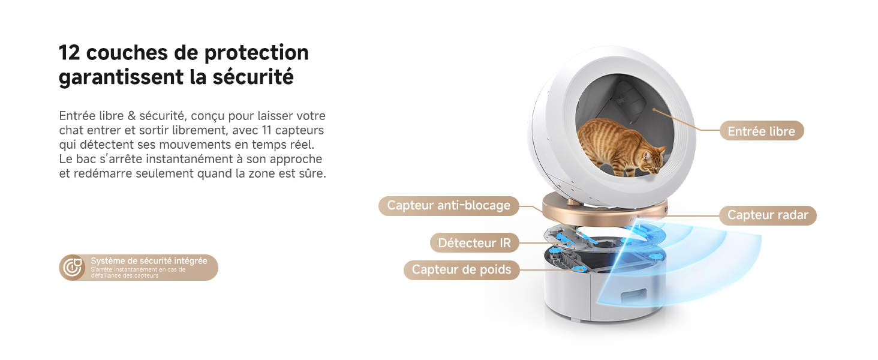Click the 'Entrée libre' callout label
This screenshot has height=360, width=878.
762,131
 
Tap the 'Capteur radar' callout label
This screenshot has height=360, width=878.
768,215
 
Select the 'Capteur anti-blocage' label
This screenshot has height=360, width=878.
449,205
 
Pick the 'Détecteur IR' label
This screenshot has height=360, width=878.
474,243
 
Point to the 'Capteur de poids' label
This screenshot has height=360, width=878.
461,270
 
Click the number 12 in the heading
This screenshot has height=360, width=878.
70,53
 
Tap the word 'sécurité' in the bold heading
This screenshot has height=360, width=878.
253,76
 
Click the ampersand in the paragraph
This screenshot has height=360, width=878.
132,116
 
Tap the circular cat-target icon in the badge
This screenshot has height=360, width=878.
73,268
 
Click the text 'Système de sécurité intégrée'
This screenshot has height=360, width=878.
149,261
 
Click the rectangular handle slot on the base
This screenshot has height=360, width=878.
634,295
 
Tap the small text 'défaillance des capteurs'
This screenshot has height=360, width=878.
125,275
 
